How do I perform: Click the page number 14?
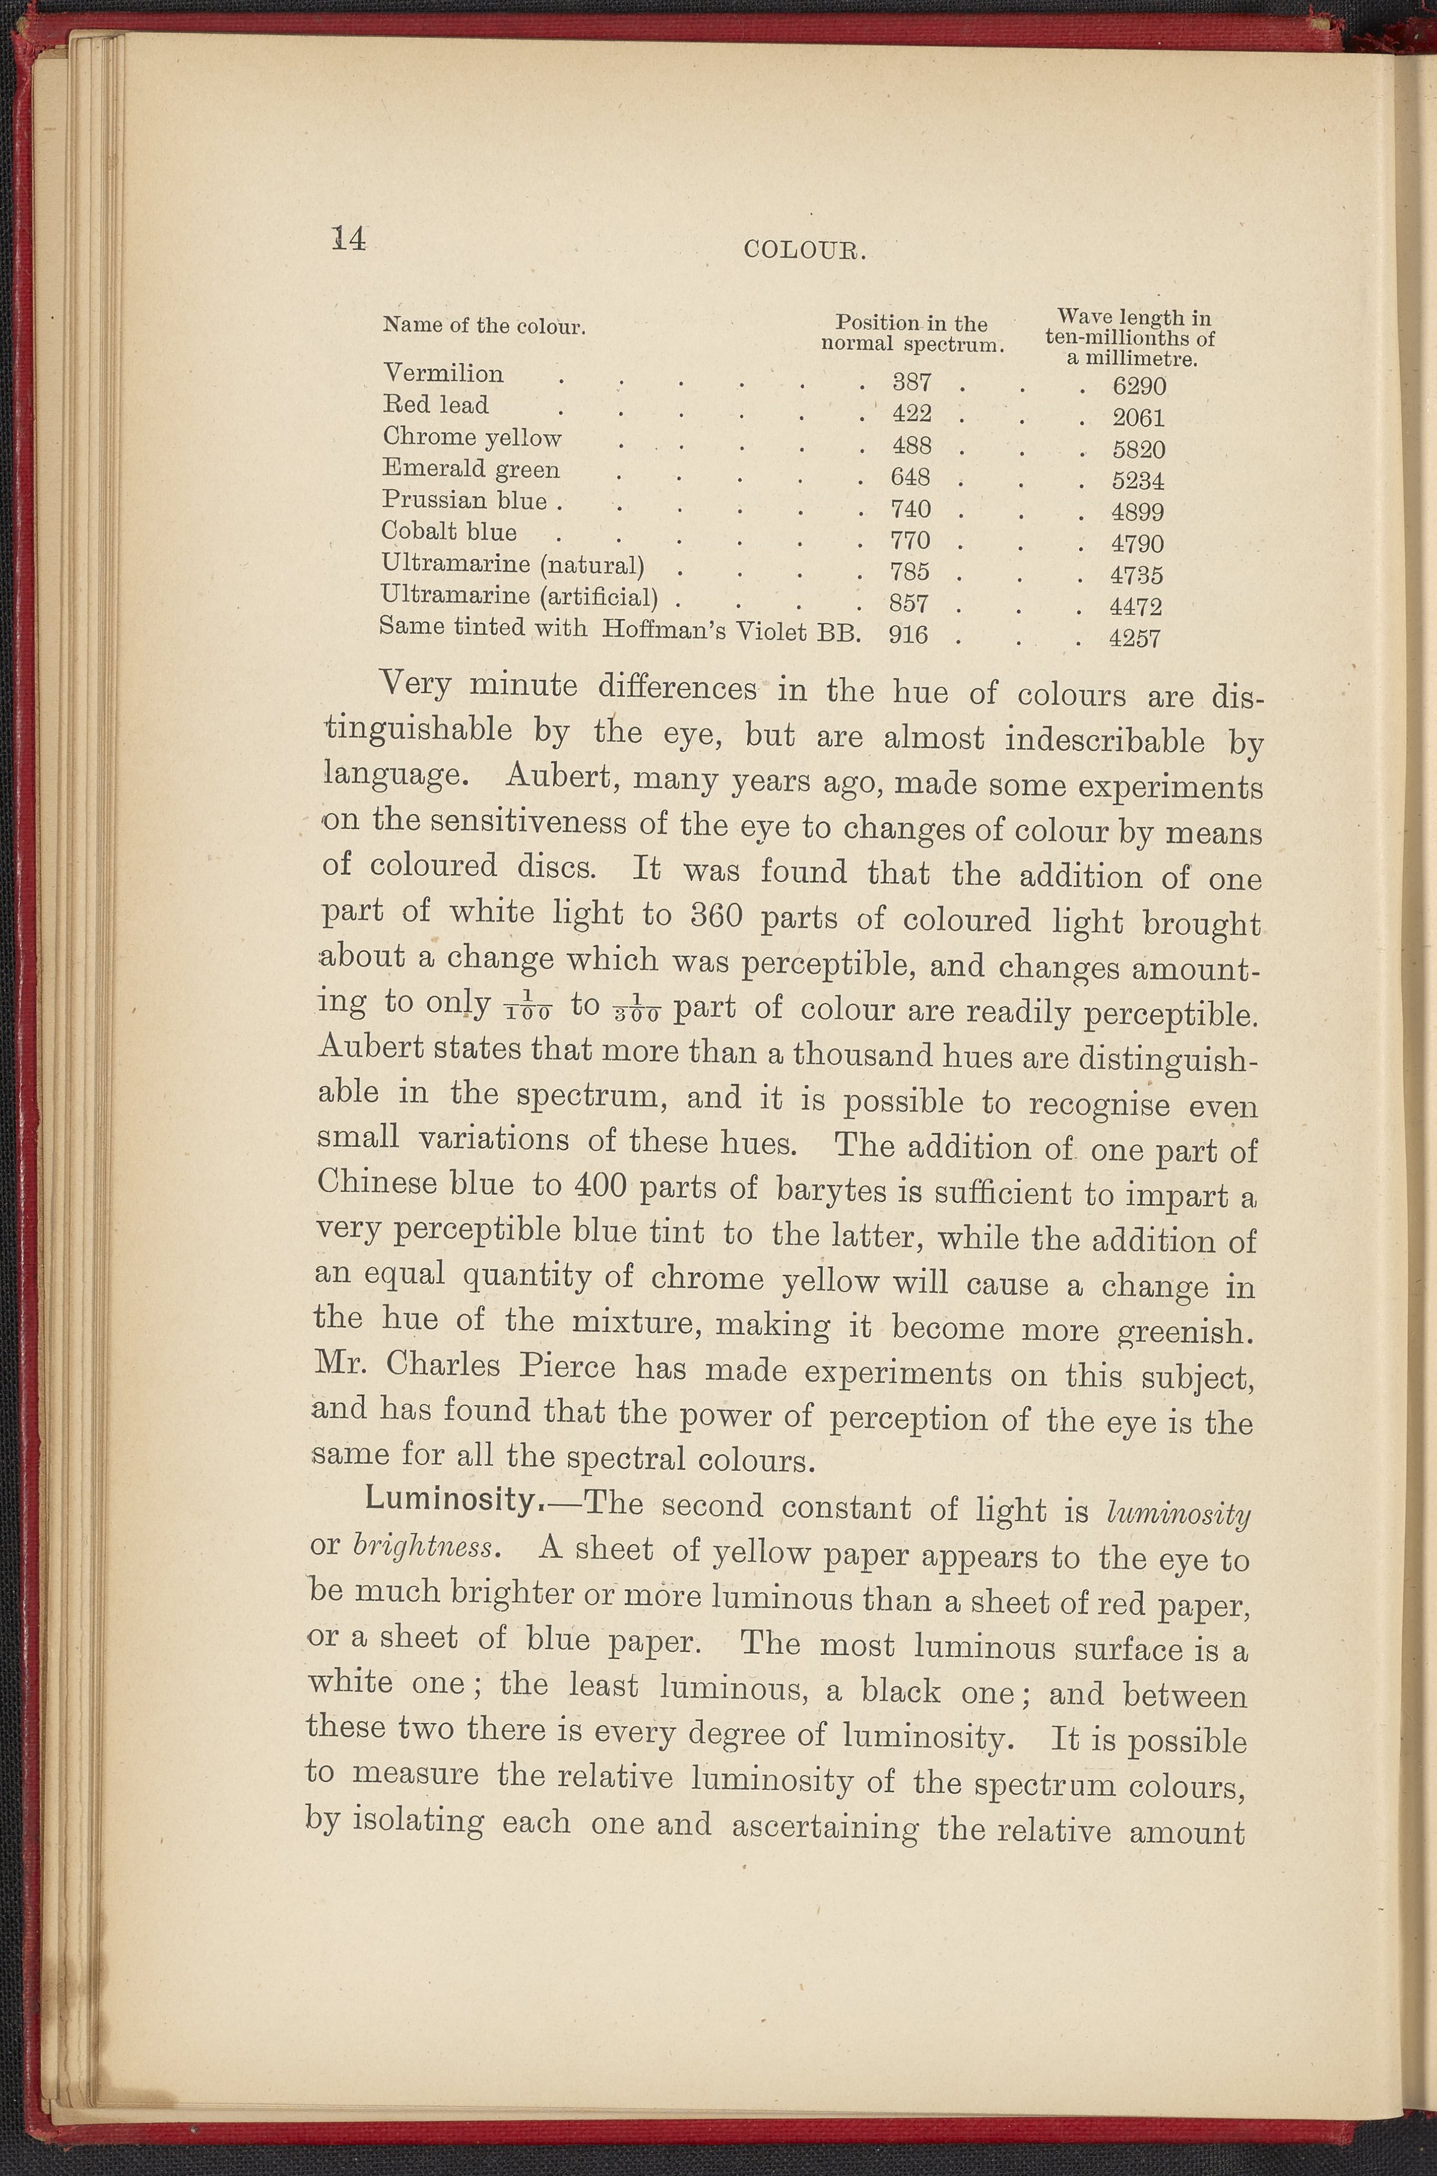point(348,239)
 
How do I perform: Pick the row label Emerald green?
point(470,469)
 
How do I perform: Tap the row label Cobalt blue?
point(449,532)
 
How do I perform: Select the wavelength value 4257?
point(1134,638)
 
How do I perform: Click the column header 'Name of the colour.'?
point(484,326)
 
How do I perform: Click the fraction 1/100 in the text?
point(527,1009)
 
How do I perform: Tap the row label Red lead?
point(435,405)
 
